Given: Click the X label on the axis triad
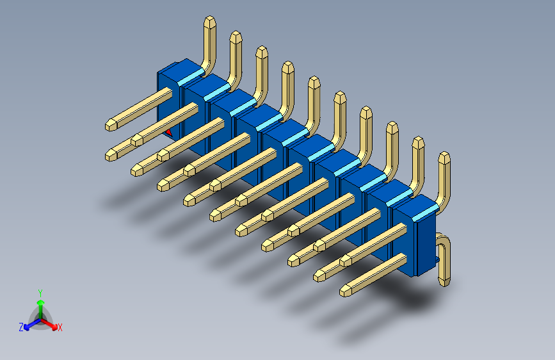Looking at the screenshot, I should pos(60,328).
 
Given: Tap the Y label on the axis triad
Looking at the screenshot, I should pos(40,291).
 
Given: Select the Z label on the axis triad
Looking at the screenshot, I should pos(20,327).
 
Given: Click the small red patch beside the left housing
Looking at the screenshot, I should pos(169,133).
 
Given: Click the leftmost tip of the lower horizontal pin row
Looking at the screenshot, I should pos(111,154).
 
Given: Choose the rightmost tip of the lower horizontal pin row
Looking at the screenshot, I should pos(346,291).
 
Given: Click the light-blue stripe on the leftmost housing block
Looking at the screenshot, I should pos(190,79).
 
